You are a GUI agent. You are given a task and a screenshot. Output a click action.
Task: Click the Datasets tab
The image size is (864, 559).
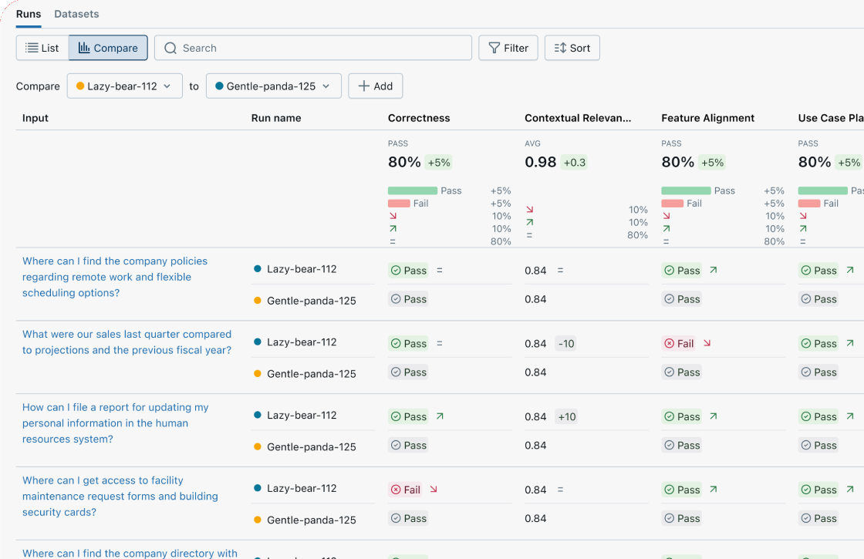(x=76, y=14)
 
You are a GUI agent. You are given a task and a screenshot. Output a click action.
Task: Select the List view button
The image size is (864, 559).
(x=42, y=48)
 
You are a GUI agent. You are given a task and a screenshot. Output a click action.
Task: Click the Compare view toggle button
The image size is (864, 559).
(x=108, y=48)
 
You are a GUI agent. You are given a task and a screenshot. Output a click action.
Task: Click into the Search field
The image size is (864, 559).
(x=313, y=48)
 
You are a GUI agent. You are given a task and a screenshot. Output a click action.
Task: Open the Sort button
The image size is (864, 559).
(x=572, y=48)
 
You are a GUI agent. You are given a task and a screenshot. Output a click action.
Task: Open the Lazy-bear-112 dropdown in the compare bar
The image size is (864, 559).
(x=124, y=86)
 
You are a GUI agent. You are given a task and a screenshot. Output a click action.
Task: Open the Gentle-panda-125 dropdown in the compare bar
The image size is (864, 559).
(x=273, y=86)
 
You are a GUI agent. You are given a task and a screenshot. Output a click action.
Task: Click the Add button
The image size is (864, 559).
(x=375, y=86)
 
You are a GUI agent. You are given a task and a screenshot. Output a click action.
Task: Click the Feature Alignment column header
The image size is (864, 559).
(x=707, y=118)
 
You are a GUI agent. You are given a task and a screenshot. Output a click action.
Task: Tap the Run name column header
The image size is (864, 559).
(x=276, y=118)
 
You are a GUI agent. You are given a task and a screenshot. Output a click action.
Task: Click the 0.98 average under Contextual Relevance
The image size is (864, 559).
(x=539, y=162)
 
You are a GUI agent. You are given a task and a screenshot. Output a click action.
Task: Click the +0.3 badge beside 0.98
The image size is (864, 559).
(x=575, y=163)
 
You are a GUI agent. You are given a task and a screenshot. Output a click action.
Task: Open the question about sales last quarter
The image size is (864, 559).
(x=127, y=342)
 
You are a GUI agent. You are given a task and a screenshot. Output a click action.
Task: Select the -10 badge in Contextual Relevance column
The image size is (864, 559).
(x=566, y=344)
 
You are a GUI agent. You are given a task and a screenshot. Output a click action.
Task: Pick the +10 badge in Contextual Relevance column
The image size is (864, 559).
(x=566, y=417)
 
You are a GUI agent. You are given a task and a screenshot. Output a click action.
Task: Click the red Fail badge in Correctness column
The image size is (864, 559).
(x=406, y=490)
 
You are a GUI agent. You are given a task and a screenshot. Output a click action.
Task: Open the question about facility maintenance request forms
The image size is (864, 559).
(x=120, y=497)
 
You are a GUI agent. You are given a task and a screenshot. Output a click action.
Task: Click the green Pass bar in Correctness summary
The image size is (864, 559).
(x=412, y=190)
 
